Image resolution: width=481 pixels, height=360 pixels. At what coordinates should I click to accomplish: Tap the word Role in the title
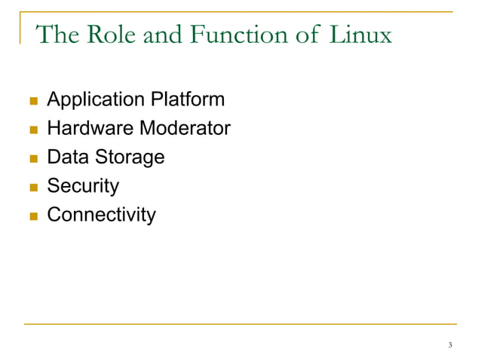point(106,35)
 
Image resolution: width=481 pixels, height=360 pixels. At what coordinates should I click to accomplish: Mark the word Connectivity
point(102,215)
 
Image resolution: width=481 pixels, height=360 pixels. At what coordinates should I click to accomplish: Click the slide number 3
point(450,346)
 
